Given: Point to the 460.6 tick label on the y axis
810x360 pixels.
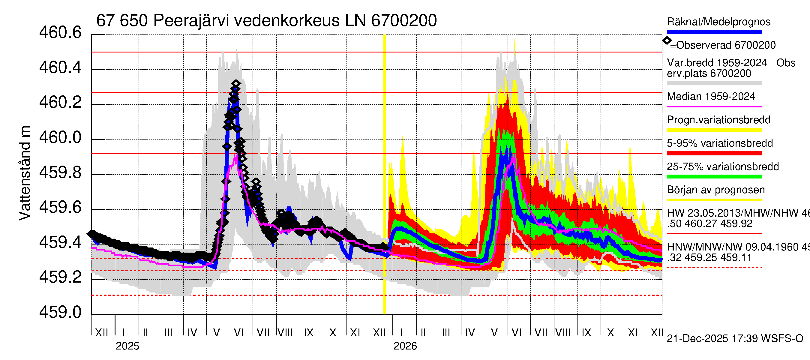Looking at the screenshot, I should pyautogui.click(x=60, y=33).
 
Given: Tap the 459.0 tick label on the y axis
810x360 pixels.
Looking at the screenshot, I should pyautogui.click(x=60, y=312).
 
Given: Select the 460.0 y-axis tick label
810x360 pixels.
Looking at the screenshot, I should pyautogui.click(x=60, y=138).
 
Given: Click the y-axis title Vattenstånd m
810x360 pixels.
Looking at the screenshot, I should pyautogui.click(x=25, y=173).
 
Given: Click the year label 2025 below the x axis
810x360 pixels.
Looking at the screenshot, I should pyautogui.click(x=127, y=346).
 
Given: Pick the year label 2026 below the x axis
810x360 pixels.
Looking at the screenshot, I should pyautogui.click(x=405, y=346).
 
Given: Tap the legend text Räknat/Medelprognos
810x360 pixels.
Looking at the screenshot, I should pyautogui.click(x=718, y=22).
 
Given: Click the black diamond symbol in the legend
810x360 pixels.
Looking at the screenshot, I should pyautogui.click(x=667, y=40).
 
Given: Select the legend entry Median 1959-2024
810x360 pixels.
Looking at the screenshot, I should pyautogui.click(x=711, y=96).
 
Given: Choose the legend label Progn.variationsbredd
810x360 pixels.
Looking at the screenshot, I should pyautogui.click(x=718, y=120).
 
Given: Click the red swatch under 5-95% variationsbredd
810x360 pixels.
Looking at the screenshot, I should pyautogui.click(x=714, y=153).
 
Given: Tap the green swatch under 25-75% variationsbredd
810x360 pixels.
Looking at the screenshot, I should pyautogui.click(x=714, y=177).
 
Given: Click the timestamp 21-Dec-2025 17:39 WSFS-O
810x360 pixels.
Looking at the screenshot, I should pyautogui.click(x=735, y=339).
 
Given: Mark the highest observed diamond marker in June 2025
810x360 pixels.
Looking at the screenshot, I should pyautogui.click(x=236, y=84).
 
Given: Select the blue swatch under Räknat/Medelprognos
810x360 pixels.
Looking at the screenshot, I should pyautogui.click(x=714, y=32).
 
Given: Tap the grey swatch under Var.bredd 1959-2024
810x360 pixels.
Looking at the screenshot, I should pyautogui.click(x=714, y=83).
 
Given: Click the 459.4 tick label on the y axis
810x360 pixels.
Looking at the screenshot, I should pyautogui.click(x=60, y=242).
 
